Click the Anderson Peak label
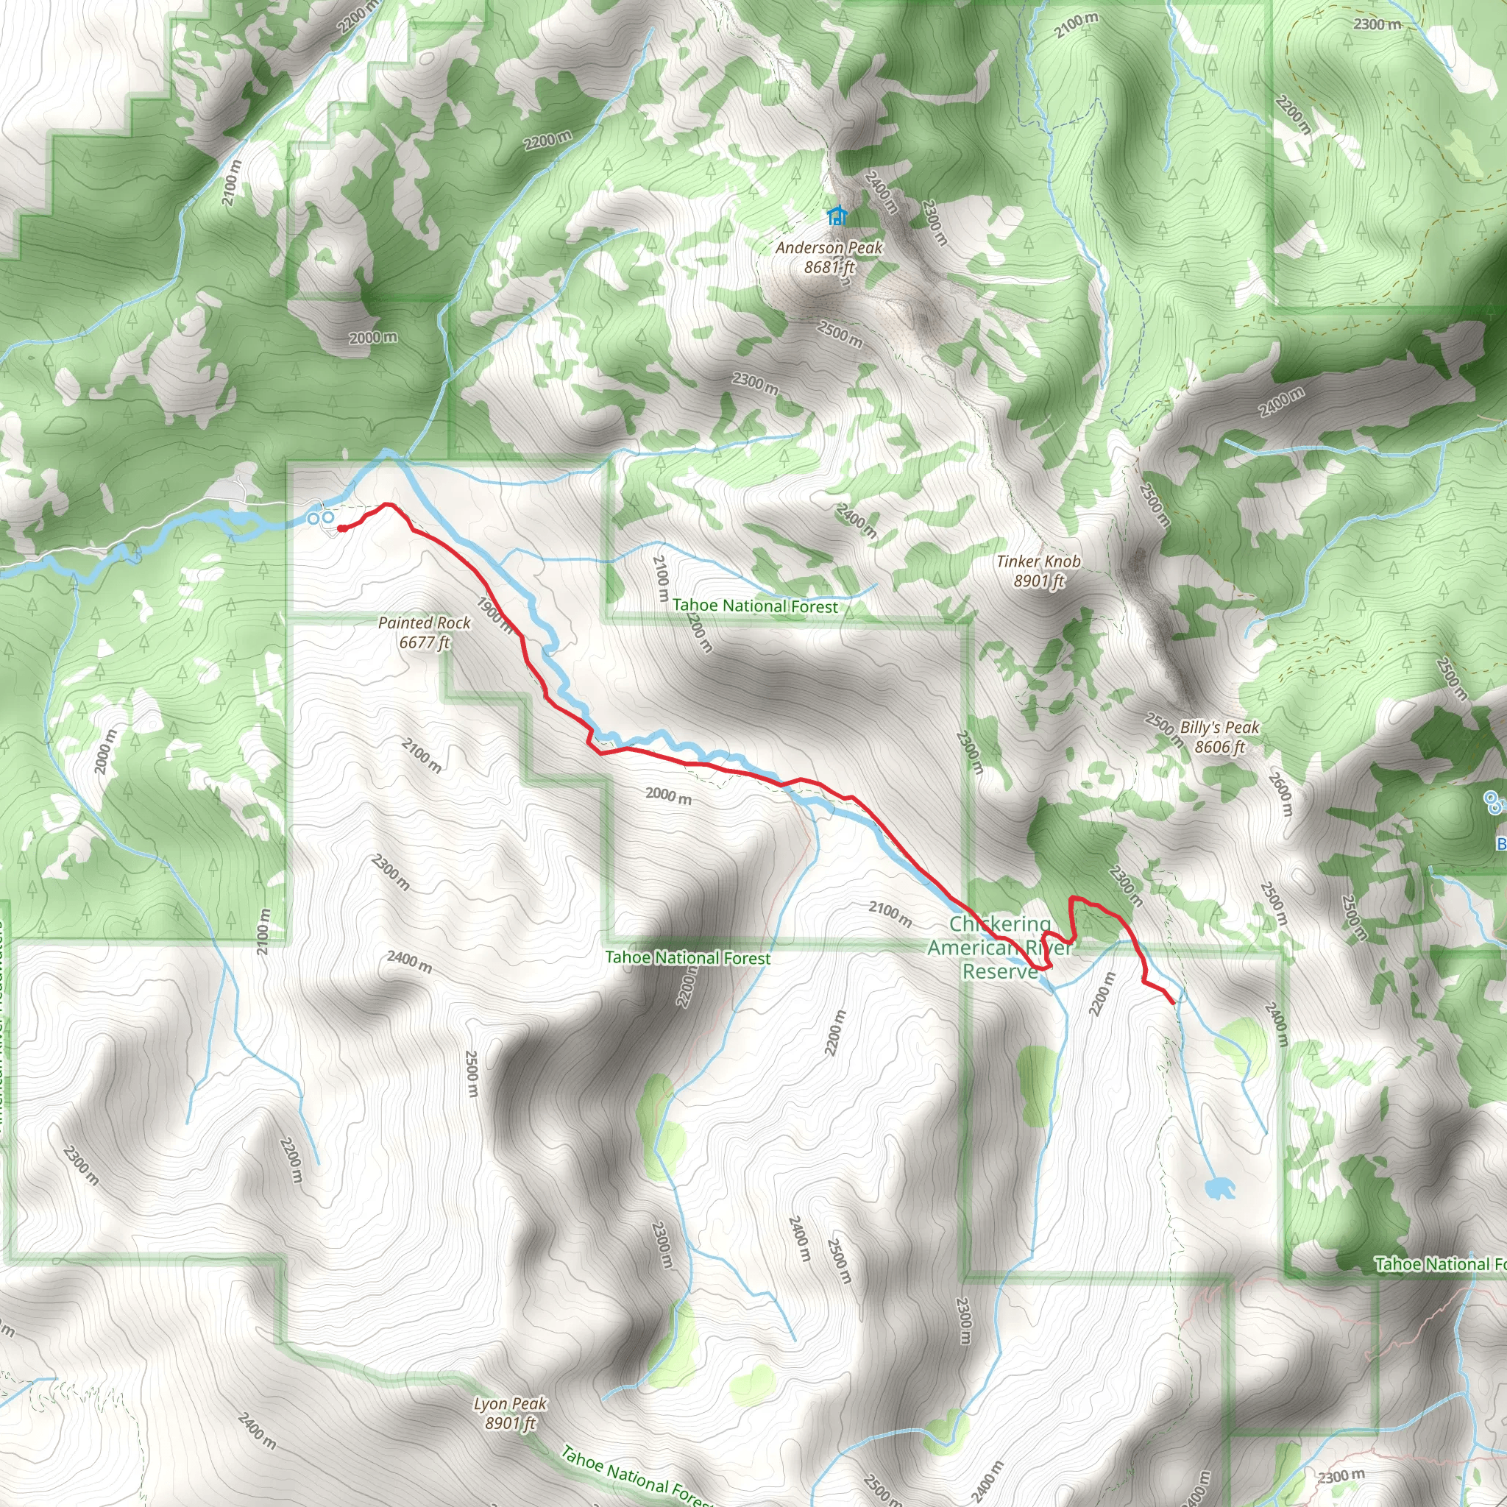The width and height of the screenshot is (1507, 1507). (x=829, y=248)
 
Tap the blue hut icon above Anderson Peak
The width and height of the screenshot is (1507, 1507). (x=837, y=216)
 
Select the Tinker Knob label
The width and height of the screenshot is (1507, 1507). (x=1038, y=561)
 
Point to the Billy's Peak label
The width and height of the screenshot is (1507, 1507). (x=1219, y=727)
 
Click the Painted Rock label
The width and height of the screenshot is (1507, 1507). (x=425, y=623)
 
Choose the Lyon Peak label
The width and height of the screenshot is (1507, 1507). (x=510, y=1404)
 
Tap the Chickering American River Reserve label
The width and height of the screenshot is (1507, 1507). (x=1000, y=947)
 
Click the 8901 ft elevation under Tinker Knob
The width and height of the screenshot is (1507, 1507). (x=1039, y=581)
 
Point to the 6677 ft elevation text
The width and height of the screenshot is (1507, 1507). (x=425, y=642)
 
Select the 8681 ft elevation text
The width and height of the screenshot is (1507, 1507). (x=829, y=267)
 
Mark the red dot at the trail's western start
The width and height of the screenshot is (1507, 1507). (x=341, y=529)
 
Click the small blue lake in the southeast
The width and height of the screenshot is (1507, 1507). (x=1218, y=1188)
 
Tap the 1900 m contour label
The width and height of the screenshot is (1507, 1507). (x=494, y=615)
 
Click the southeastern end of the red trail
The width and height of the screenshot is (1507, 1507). (x=1172, y=1002)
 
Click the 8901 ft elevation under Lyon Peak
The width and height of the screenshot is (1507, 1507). (x=510, y=1424)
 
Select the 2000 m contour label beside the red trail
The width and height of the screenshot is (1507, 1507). (x=668, y=796)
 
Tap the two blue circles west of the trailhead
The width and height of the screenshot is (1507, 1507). (x=321, y=517)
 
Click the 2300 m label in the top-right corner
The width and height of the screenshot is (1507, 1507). (x=1377, y=24)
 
